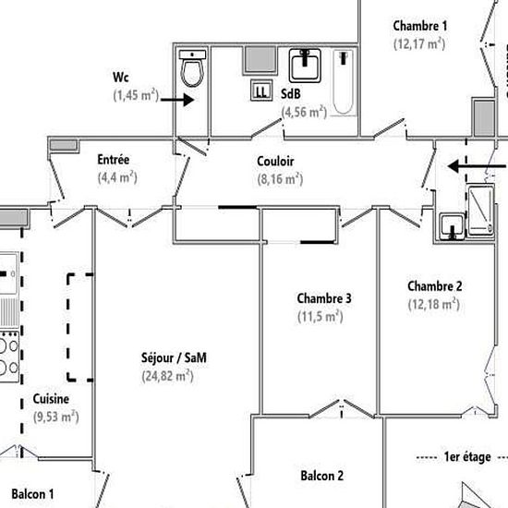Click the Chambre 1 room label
419,26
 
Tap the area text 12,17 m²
419,43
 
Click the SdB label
291,93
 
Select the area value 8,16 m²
280,179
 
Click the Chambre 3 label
324,298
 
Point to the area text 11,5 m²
320,316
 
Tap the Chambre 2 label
434,285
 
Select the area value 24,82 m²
167,375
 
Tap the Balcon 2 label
322,477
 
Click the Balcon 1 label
32,495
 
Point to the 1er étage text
466,457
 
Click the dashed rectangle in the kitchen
79,327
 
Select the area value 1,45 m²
136,95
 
